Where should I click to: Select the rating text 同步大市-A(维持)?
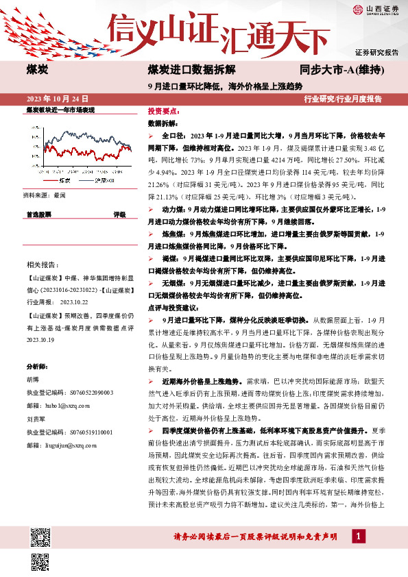click(x=341, y=70)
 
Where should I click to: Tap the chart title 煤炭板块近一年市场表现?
click(x=60, y=110)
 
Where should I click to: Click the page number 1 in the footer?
click(x=357, y=535)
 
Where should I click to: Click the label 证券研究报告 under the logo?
click(x=376, y=52)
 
